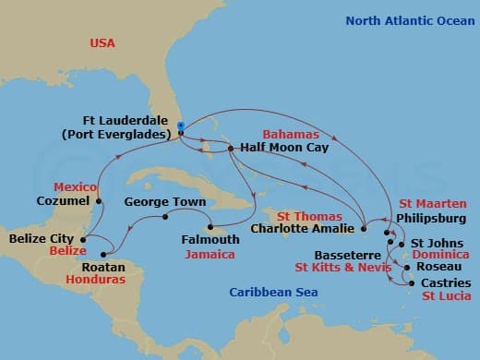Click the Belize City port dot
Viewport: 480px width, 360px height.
82,239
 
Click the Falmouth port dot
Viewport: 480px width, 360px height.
210,227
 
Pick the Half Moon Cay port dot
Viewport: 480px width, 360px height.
232,147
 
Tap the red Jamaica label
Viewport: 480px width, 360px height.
208,254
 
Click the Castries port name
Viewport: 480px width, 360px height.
445,282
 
